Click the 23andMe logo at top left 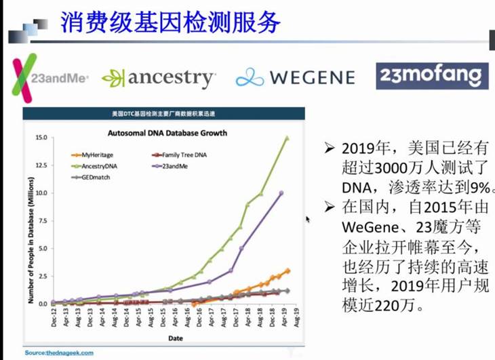click(51, 77)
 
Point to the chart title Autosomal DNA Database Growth click(167, 133)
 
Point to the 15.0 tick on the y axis click(41, 138)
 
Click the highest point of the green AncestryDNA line click(287, 138)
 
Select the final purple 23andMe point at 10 click(281, 193)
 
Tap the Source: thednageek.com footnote click(59, 353)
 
